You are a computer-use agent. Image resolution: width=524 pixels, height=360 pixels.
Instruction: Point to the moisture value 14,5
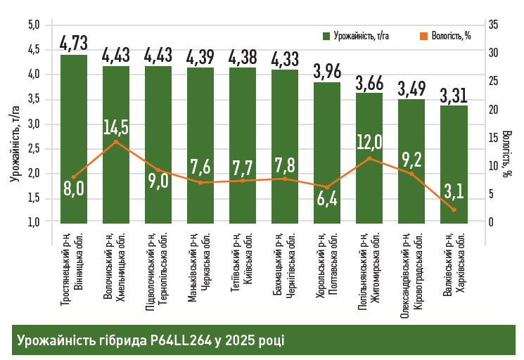116,127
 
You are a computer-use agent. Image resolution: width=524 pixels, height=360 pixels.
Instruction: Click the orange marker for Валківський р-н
454,210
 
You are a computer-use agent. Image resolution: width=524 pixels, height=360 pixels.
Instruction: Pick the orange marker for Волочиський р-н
116,142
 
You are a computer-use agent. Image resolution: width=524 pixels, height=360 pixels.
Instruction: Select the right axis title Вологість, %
508,156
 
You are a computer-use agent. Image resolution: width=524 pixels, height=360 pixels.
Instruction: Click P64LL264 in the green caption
180,340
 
